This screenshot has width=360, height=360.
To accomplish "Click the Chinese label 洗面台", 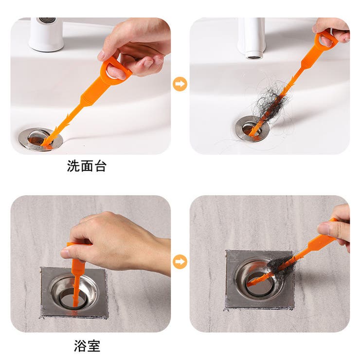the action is tap(87, 166).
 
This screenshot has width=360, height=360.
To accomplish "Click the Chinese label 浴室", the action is tap(87, 346).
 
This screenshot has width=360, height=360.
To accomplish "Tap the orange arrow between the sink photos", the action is tap(180, 84).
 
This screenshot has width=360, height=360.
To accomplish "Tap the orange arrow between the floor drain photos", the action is tap(180, 262).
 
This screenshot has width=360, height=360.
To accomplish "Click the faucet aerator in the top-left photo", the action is tap(47, 20).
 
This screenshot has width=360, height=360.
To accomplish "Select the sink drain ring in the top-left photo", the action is tap(40, 139).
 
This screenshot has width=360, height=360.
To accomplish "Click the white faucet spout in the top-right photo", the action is tap(252, 38).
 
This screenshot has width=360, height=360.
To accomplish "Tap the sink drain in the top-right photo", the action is tap(252, 128).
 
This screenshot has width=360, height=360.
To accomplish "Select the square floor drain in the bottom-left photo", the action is tap(74, 293).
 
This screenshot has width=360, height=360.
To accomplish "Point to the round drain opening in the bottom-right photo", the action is tap(259, 281).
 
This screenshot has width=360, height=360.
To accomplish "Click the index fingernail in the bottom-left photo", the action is tap(66, 254).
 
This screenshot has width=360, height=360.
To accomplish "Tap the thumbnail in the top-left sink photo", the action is tap(101, 55).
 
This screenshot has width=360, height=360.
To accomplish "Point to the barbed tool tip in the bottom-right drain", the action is tap(251, 284).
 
